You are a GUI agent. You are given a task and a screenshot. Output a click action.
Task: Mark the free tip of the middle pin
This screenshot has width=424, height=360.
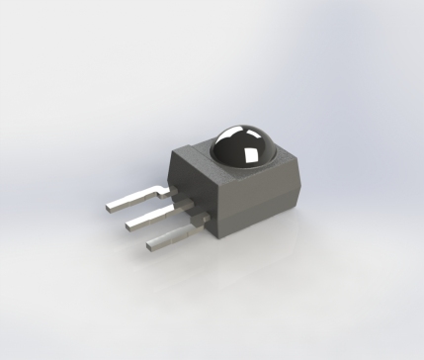coord(128,228)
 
